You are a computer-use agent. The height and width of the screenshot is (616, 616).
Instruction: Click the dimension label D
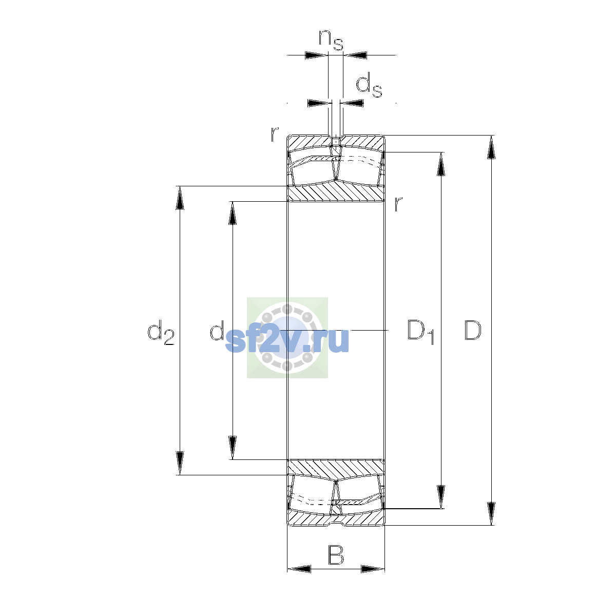tap(472, 330)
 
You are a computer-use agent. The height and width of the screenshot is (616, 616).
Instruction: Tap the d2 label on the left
tap(161, 333)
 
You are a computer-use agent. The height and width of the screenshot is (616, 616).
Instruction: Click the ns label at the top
tap(331, 40)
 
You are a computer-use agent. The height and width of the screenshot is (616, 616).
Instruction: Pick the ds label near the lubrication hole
tap(369, 85)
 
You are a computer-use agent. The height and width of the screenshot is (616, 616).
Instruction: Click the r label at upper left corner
tap(275, 134)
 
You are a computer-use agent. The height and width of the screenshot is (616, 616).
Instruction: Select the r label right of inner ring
tap(398, 204)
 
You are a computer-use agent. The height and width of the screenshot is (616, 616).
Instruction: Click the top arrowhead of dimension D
tap(491, 147)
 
